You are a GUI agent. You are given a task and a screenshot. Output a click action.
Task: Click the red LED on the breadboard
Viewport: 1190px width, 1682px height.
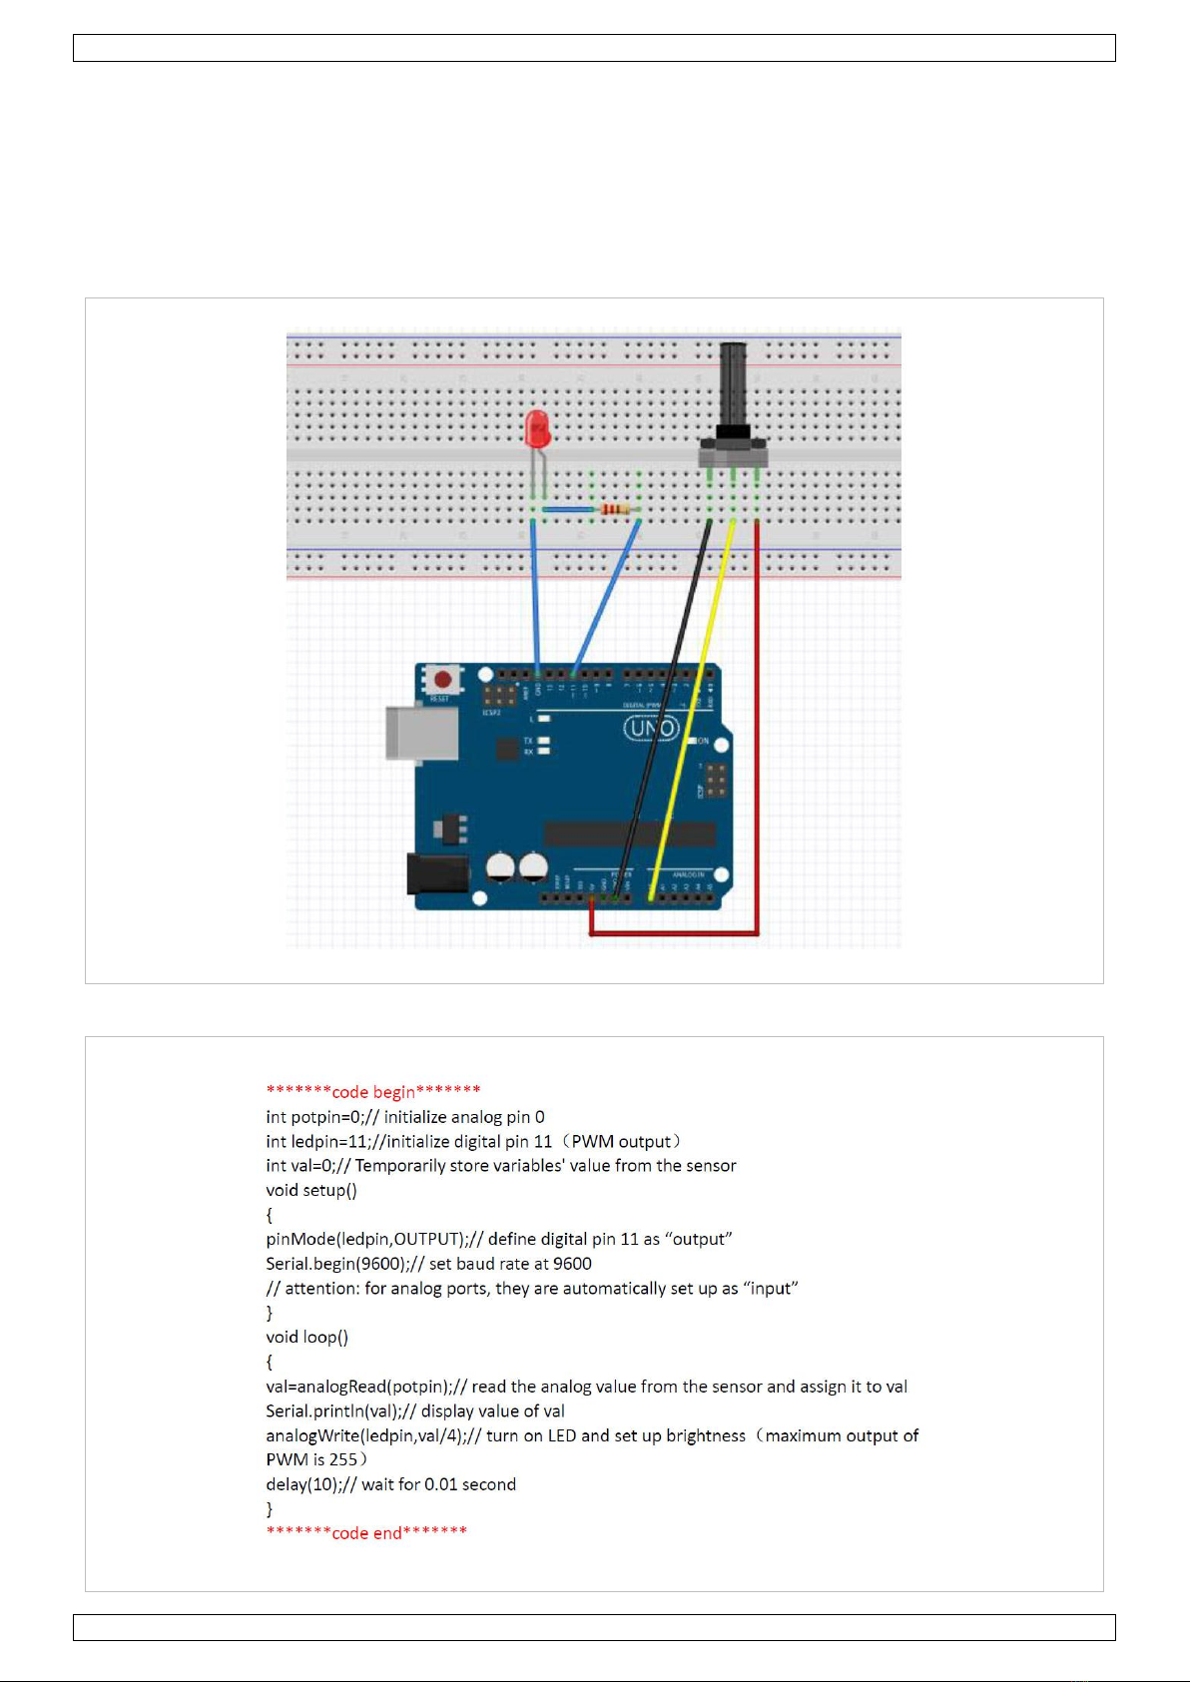pyautogui.click(x=537, y=429)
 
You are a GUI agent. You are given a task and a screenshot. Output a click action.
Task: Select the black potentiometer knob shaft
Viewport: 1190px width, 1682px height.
pyautogui.click(x=733, y=384)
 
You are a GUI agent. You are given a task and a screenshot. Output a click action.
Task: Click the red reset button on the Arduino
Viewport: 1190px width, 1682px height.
pyautogui.click(x=442, y=680)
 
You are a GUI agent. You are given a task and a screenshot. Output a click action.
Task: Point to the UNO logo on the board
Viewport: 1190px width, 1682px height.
pyautogui.click(x=651, y=729)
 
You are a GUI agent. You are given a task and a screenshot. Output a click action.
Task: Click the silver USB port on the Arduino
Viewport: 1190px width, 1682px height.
pyautogui.click(x=421, y=734)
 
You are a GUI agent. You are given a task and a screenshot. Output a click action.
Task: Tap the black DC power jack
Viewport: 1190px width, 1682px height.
pyautogui.click(x=437, y=874)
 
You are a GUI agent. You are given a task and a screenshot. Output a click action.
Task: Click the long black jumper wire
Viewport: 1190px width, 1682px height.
pyautogui.click(x=667, y=699)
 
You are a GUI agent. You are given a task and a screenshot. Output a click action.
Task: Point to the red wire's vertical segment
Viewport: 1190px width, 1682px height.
pyautogui.click(x=757, y=719)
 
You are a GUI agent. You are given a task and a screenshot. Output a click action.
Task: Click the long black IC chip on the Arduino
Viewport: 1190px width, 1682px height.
pyautogui.click(x=629, y=834)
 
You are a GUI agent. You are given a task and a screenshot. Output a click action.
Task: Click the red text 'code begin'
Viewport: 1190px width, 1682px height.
pyautogui.click(x=373, y=1091)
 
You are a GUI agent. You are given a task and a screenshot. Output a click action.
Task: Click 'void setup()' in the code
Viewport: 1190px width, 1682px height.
pyautogui.click(x=311, y=1190)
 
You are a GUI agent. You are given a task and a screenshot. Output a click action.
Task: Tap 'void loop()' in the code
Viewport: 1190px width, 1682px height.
pyautogui.click(x=307, y=1337)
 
